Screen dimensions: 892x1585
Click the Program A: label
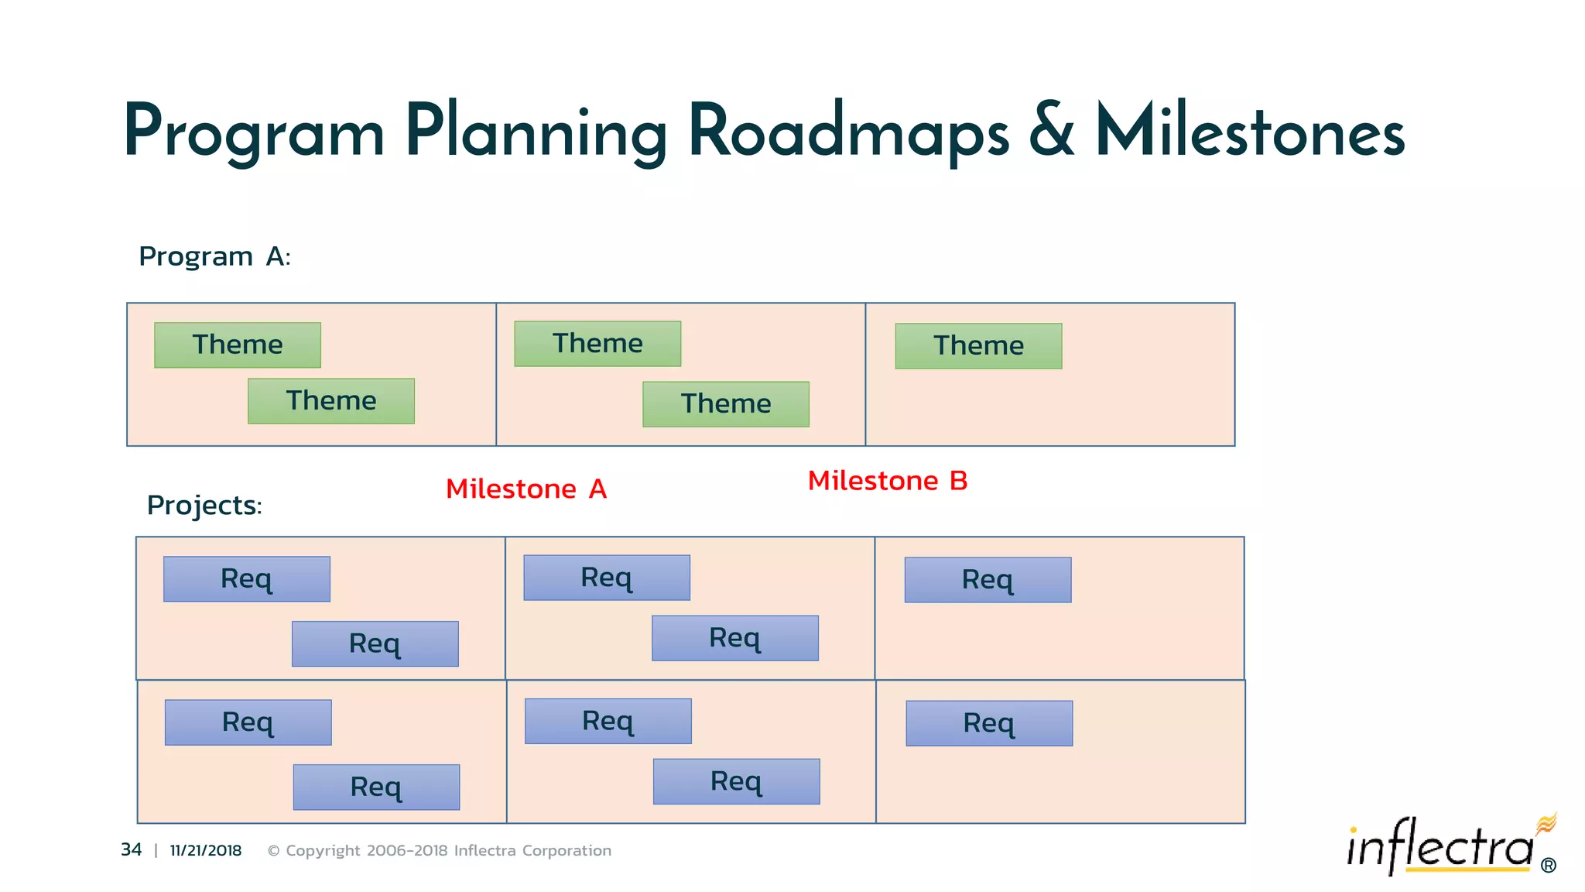tap(214, 256)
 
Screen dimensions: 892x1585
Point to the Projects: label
tap(204, 506)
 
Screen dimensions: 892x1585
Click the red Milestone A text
tap(526, 489)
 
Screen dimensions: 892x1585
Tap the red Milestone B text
tap(888, 481)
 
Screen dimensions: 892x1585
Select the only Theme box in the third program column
tap(978, 346)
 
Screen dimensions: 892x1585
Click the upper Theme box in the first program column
tap(238, 345)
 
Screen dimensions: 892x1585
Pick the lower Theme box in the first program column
tap(331, 401)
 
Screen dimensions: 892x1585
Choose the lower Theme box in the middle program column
tap(726, 404)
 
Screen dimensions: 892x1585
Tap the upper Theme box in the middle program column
tap(597, 344)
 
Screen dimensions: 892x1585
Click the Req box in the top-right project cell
tap(988, 580)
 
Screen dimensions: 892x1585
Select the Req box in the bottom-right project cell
tap(989, 723)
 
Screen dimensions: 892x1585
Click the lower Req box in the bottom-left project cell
tap(376, 787)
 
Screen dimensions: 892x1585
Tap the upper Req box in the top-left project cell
tap(247, 579)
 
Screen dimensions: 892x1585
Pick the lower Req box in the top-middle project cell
tap(735, 638)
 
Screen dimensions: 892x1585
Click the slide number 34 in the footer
tap(132, 850)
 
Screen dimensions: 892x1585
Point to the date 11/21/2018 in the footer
tap(206, 851)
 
